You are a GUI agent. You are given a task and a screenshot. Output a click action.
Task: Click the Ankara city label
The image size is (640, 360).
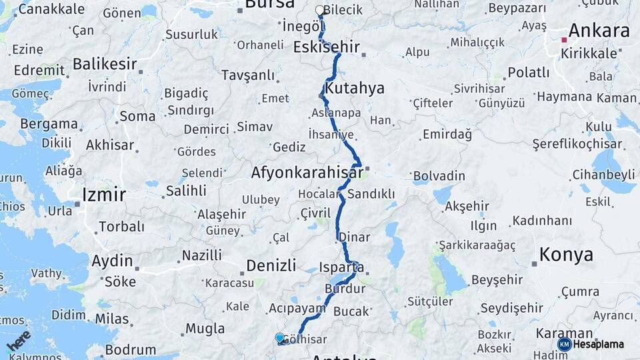[598, 31]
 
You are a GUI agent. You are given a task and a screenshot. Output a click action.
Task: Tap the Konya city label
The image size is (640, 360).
[566, 255]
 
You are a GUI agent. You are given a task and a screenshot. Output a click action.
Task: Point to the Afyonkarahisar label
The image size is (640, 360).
[307, 173]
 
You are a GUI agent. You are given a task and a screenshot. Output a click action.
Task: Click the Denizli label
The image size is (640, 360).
[271, 265]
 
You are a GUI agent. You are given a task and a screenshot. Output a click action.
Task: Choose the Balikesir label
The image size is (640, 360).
[105, 64]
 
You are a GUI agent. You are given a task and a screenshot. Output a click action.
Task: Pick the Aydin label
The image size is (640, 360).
[112, 261]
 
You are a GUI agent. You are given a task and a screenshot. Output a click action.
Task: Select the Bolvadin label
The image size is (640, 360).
[439, 177]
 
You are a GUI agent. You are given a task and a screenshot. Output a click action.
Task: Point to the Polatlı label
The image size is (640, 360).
[529, 72]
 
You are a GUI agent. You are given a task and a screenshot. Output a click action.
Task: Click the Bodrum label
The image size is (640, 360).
[131, 349]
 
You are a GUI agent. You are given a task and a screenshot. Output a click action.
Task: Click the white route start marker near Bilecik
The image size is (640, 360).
[319, 11]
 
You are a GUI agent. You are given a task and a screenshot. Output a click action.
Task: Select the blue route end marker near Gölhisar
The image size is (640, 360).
[279, 338]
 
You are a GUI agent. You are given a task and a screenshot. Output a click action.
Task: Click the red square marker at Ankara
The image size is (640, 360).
[564, 39]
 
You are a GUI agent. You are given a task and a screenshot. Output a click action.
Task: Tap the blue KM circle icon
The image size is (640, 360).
[564, 344]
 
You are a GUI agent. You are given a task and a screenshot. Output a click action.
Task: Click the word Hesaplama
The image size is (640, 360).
[598, 344]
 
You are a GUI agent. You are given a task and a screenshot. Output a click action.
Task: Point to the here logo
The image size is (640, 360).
[18, 340]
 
